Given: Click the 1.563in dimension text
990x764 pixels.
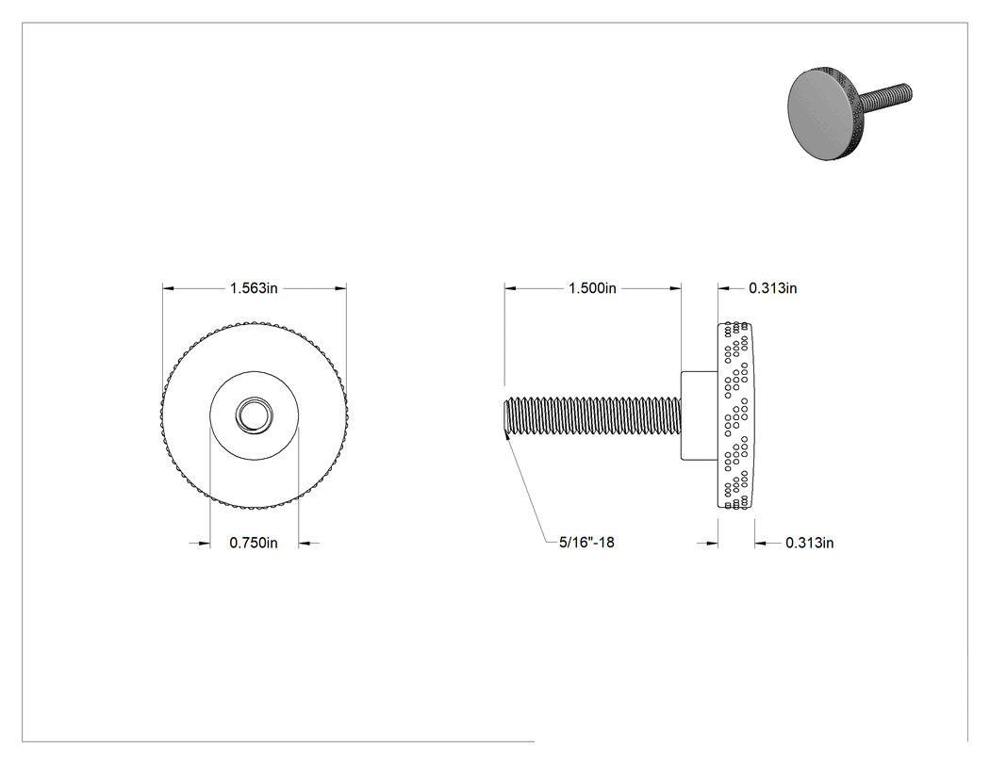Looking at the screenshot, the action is pos(254,288).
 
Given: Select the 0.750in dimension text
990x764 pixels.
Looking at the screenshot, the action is pos(254,543).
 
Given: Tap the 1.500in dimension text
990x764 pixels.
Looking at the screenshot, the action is pos(592,288).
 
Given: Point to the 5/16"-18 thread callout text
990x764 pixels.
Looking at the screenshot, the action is pos(586,543).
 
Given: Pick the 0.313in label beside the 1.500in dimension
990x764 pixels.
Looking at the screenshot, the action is pos(773,288).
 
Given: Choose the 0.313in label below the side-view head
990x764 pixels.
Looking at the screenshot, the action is pos(809,543).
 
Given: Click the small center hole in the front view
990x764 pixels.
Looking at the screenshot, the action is pos(255,415).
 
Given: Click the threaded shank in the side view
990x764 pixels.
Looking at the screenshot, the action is pos(592,415).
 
